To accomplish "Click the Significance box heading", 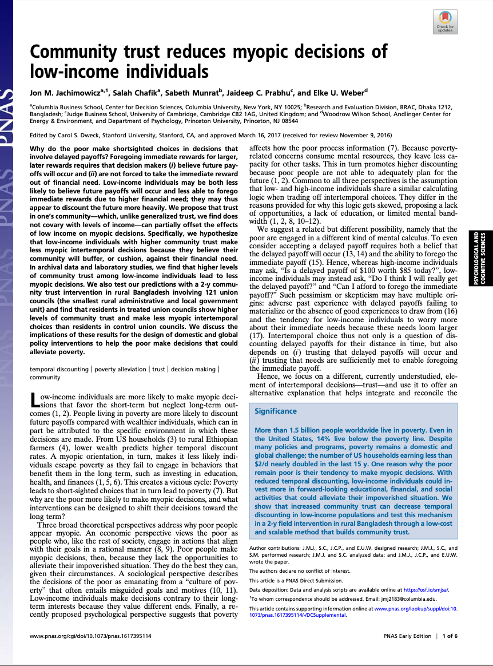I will (x=276, y=411).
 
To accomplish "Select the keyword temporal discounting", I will (x=59, y=369).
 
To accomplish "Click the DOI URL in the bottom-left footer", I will (x=90, y=636).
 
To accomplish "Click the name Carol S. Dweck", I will (x=73, y=135).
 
